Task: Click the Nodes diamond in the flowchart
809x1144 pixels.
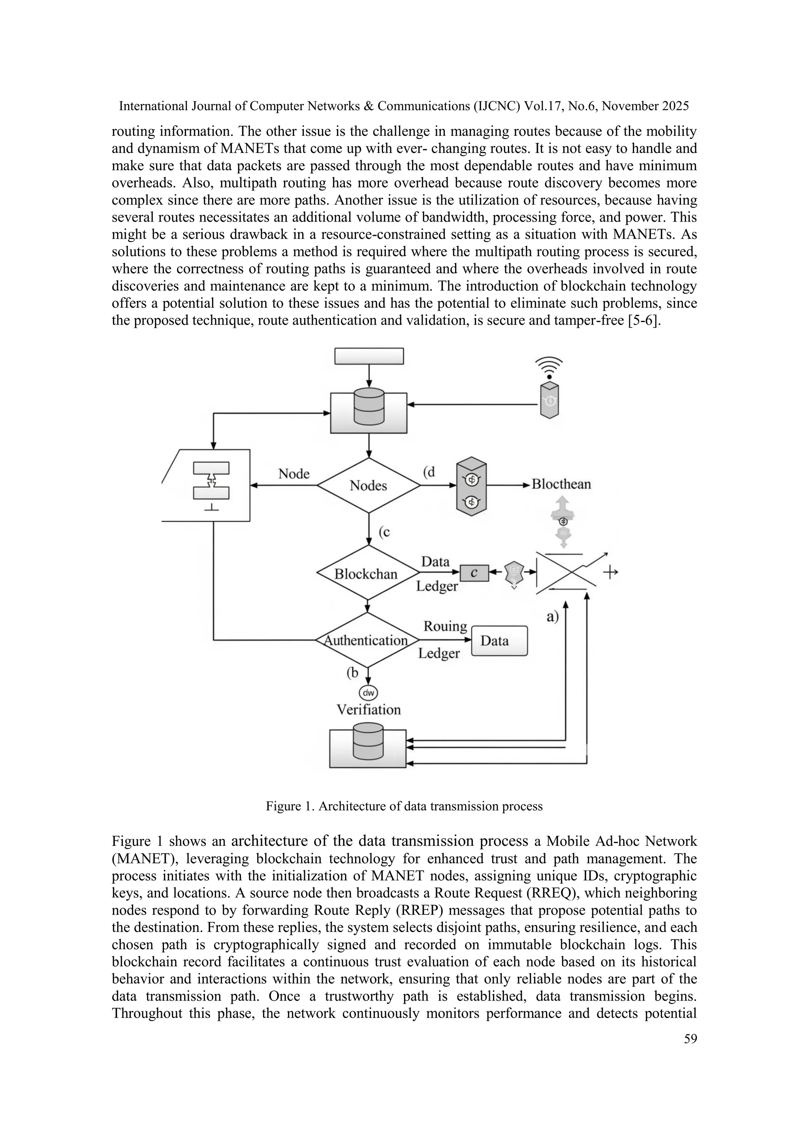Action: pyautogui.click(x=368, y=485)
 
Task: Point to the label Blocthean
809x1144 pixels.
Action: pyautogui.click(x=561, y=484)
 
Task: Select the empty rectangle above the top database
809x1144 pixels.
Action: pyautogui.click(x=369, y=356)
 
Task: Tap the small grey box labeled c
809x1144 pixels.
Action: pyautogui.click(x=474, y=573)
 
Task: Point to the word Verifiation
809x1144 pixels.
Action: pyautogui.click(x=369, y=709)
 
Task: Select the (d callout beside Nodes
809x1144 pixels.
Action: pyautogui.click(x=429, y=471)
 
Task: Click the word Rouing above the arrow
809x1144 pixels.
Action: pyautogui.click(x=445, y=626)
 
